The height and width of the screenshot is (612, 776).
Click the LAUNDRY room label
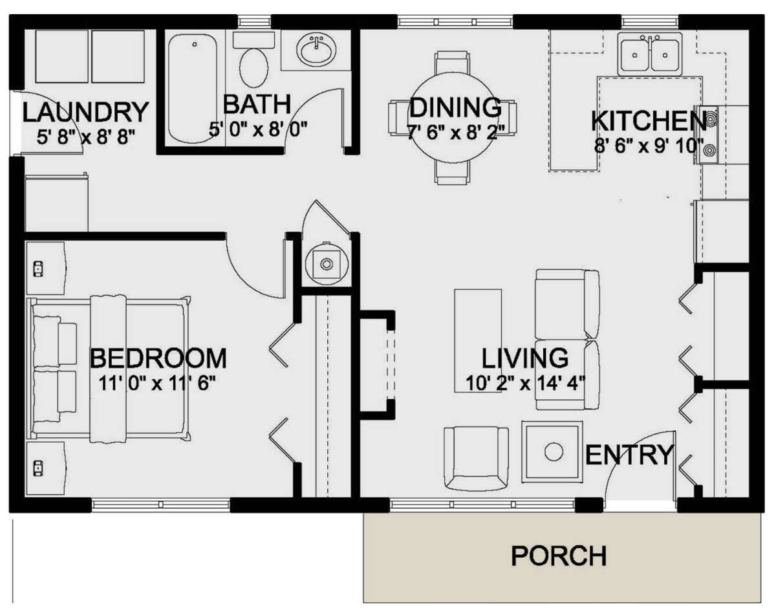(85, 113)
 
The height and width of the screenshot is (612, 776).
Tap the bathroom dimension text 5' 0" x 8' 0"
(257, 129)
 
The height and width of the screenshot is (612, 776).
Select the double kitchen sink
(649, 54)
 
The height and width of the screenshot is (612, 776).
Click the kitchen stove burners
(710, 135)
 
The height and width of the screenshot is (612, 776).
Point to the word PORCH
(559, 556)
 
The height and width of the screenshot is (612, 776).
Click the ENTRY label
(629, 455)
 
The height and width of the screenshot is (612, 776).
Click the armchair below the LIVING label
(476, 459)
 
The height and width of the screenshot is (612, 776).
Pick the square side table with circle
(553, 452)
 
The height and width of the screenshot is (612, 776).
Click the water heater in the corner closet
(327, 263)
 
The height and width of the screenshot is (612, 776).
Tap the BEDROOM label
(158, 358)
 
